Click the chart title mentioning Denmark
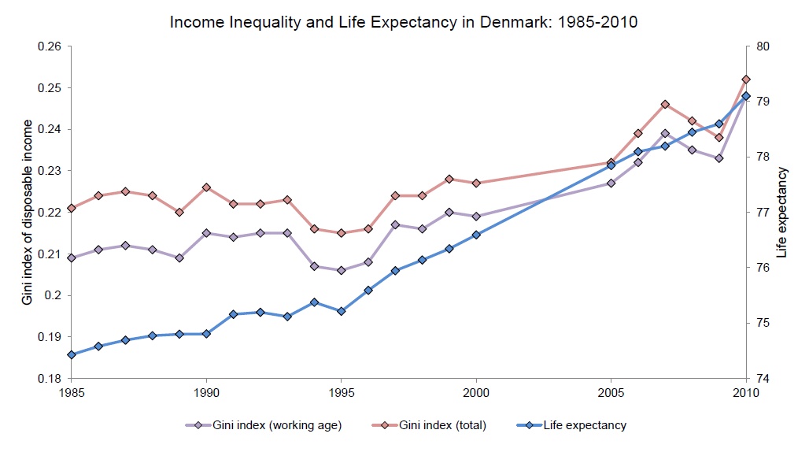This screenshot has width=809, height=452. pos(404,22)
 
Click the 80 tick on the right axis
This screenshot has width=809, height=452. pos(762,46)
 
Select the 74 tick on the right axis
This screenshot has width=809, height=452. pos(762,379)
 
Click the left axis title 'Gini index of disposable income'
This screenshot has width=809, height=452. pos(28,213)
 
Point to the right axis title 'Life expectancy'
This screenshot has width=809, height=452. pos(781,213)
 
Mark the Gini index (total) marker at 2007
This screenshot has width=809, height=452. pos(665,104)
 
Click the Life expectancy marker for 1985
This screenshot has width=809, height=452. pos(72,354)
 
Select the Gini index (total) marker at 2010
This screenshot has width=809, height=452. pos(746,80)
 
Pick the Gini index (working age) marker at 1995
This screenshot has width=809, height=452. pos(341,270)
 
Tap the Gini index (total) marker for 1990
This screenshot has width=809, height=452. pos(206,187)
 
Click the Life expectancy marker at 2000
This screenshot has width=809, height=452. pos(476,235)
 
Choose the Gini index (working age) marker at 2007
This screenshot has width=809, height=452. pos(665,133)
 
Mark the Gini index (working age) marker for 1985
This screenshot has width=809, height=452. pos(72,257)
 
